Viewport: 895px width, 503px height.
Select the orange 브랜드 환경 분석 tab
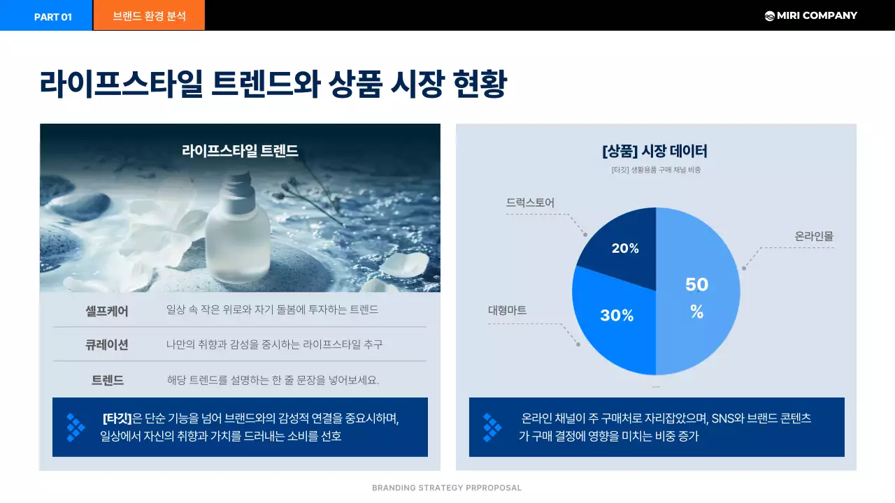coord(149,16)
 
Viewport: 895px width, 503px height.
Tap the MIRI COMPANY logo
coord(810,15)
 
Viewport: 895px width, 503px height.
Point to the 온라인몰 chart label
coord(814,237)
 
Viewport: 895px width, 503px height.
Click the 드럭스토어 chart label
coord(530,203)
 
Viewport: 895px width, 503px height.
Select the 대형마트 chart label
coord(507,310)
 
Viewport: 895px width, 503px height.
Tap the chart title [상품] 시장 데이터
coord(654,151)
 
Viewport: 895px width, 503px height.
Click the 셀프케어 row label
coord(107,310)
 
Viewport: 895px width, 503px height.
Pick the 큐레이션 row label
coord(107,344)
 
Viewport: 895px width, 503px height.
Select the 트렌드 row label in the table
coord(108,380)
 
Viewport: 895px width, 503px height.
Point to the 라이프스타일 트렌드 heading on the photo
coord(240,151)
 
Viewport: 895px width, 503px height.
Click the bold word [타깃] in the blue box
coord(117,418)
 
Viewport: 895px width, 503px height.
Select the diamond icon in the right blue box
coord(492,427)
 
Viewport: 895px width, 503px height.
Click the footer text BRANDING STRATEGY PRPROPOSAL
coord(447,488)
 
